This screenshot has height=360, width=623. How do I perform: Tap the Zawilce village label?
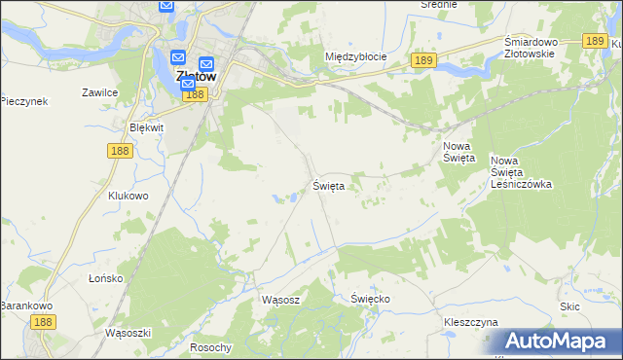tap(99, 92)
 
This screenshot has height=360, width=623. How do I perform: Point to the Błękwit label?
tap(146, 127)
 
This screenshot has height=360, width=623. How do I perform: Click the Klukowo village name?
tap(128, 195)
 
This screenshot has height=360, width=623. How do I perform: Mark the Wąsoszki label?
tap(127, 332)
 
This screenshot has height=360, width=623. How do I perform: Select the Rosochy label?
tap(211, 347)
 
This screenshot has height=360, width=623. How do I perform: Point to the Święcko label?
tap(370, 299)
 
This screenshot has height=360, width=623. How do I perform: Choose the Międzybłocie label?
tap(355, 56)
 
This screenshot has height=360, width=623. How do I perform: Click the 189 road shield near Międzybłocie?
tap(421, 60)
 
